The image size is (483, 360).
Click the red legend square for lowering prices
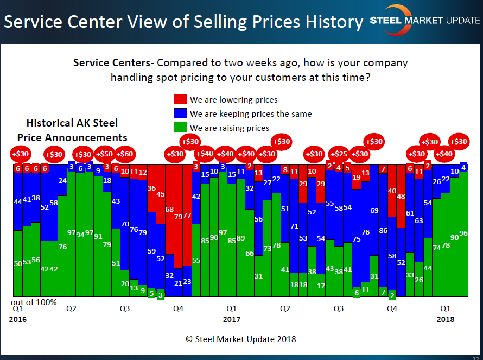pyautogui.click(x=180, y=99)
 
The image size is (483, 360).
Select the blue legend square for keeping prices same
pyautogui.click(x=180, y=113)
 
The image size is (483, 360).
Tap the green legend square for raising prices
pyautogui.click(x=180, y=128)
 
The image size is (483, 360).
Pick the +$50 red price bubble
pyautogui.click(x=105, y=154)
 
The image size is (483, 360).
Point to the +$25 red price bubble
pyautogui.click(x=339, y=154)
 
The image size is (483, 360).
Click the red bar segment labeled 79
pyautogui.click(x=178, y=217)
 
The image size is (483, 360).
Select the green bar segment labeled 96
pyautogui.click(x=463, y=233)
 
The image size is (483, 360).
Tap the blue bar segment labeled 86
pyautogui.click(x=383, y=231)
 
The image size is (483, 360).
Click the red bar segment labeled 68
pyautogui.click(x=169, y=209)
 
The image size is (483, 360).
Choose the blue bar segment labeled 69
pyautogui.click(x=374, y=210)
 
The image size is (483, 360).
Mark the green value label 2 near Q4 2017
pyautogui.click(x=392, y=295)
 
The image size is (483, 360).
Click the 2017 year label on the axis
pyautogui.click(x=232, y=319)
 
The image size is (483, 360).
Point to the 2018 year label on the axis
pyautogui.click(x=446, y=319)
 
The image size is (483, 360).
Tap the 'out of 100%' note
pyautogui.click(x=33, y=301)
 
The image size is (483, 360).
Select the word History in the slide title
pyautogui.click(x=331, y=22)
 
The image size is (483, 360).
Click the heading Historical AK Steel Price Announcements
pyautogui.click(x=72, y=130)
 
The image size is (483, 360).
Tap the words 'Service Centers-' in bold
pyautogui.click(x=114, y=63)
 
